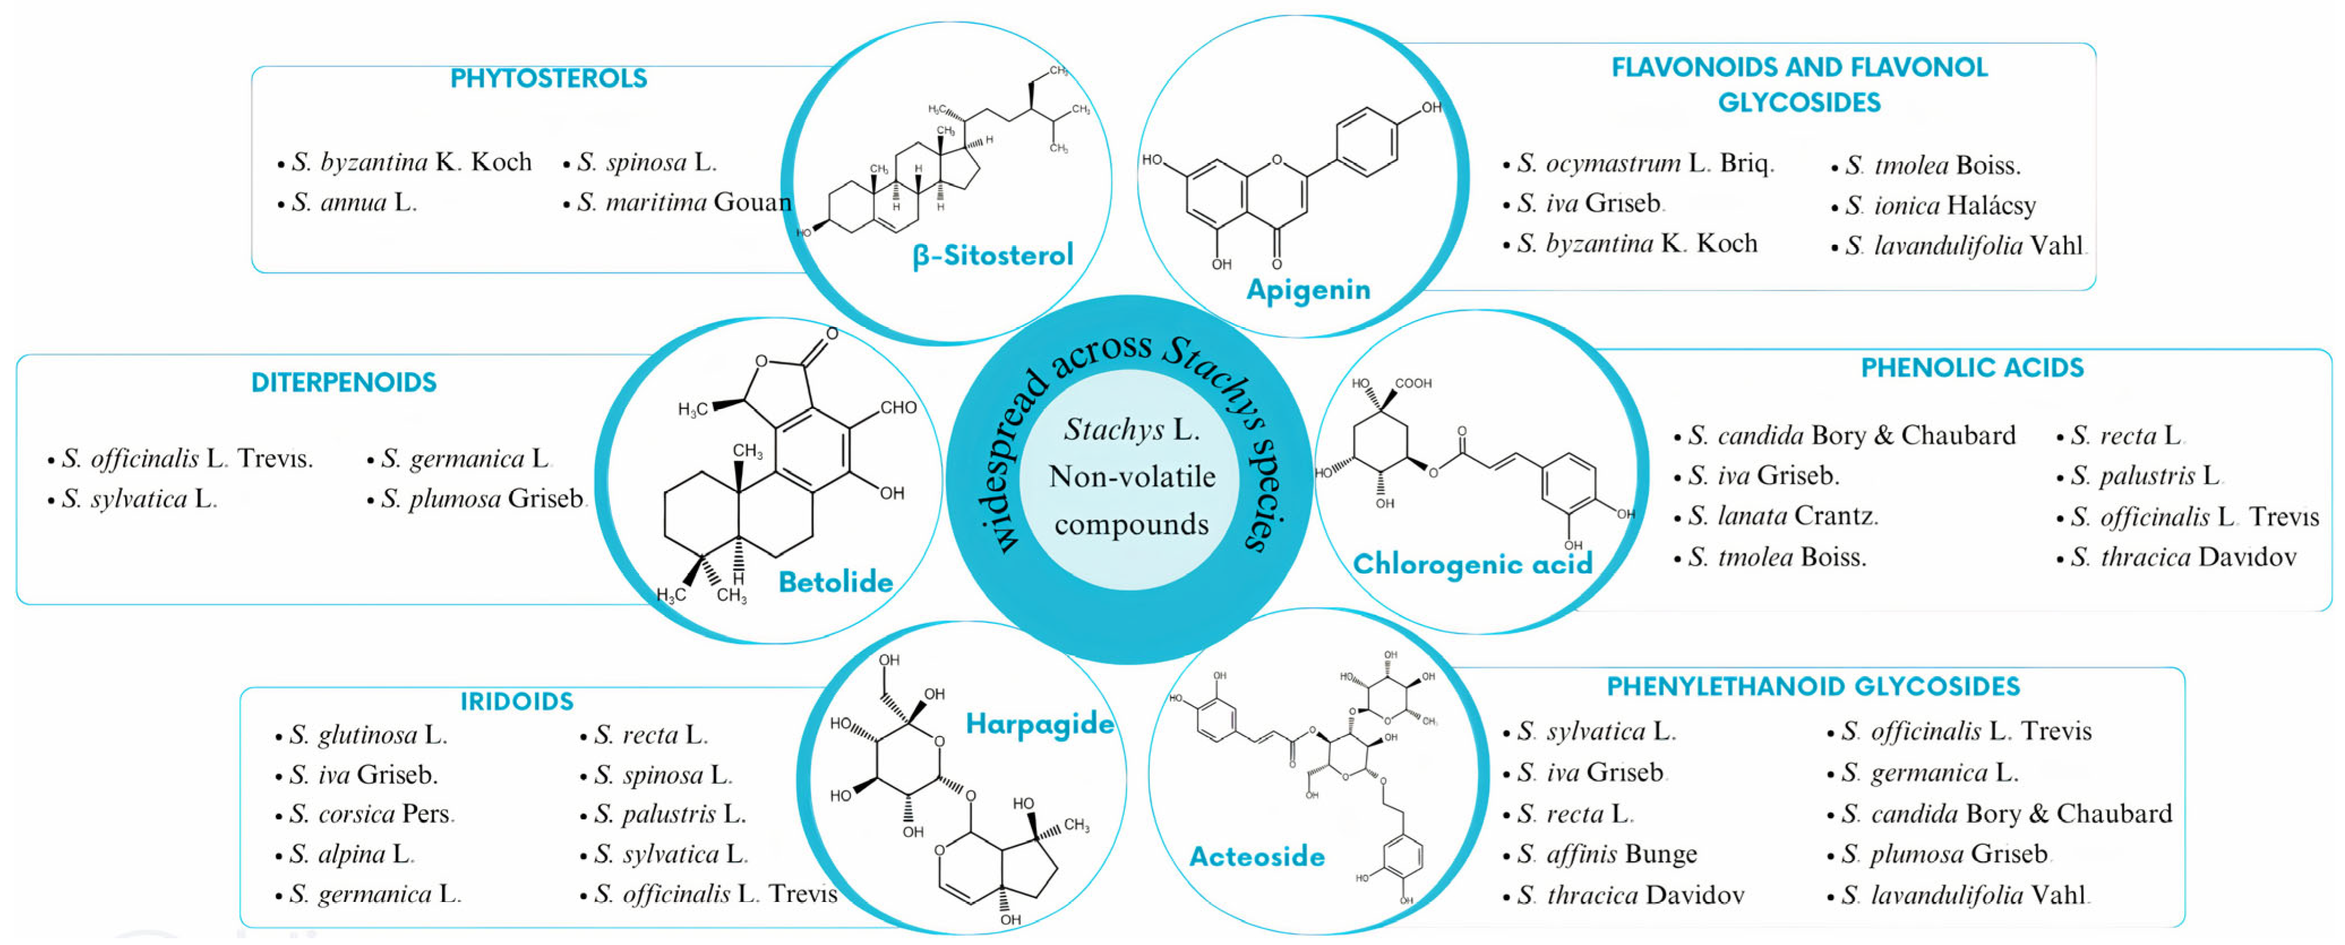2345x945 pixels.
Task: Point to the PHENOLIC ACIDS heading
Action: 1972,368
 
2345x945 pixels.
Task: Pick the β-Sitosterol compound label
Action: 992,256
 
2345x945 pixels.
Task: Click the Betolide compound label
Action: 835,583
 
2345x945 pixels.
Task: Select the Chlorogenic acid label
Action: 1472,565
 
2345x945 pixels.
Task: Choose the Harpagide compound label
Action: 1039,725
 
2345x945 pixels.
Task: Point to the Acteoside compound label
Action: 1256,857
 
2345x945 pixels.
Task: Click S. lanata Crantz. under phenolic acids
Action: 1782,516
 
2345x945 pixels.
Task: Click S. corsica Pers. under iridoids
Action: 370,814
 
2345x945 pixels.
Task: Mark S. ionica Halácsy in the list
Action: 1939,206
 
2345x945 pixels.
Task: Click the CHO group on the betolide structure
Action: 897,407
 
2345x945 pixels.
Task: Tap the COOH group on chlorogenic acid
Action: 1413,383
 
